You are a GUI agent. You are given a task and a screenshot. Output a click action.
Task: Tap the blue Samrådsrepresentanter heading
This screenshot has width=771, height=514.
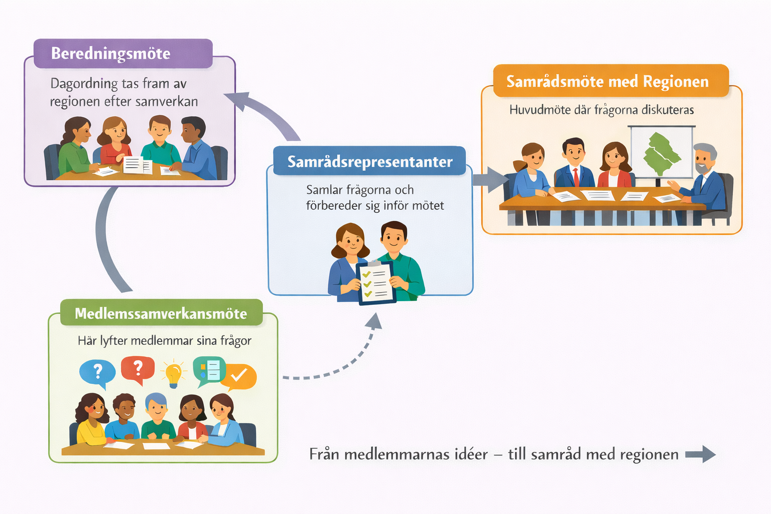[369, 162]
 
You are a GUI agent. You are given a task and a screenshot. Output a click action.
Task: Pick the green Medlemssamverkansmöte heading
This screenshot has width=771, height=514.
[161, 313]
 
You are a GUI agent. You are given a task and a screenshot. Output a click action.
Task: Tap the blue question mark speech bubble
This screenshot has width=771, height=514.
[98, 372]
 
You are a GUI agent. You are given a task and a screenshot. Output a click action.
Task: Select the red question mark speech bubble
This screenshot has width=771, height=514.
[138, 369]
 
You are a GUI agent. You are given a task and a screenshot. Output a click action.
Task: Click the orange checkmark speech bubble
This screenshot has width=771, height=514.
[239, 376]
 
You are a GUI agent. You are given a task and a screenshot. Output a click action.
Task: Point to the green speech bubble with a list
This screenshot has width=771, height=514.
[209, 370]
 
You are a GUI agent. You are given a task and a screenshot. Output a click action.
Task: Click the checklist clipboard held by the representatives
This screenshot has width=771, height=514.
[376, 283]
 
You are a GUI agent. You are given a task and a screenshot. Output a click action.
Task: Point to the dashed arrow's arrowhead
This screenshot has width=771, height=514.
[374, 321]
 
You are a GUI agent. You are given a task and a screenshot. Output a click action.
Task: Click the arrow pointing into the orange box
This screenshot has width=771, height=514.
[489, 180]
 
